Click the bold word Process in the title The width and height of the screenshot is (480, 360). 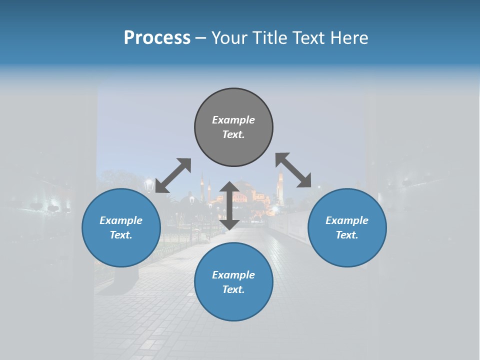[157, 38]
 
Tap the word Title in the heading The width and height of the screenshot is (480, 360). [267, 38]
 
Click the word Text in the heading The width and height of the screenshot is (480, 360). [306, 38]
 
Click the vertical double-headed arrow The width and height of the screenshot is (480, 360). [229, 205]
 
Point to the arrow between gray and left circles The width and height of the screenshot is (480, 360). [173, 175]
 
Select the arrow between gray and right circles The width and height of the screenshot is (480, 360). [293, 170]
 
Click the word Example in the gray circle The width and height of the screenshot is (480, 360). [233, 120]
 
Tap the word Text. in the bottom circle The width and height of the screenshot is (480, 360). [233, 289]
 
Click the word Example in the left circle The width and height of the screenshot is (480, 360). [121, 220]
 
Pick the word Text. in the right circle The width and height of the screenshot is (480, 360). [347, 235]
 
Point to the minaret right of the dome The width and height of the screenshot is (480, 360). [280, 187]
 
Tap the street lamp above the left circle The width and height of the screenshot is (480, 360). [148, 185]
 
